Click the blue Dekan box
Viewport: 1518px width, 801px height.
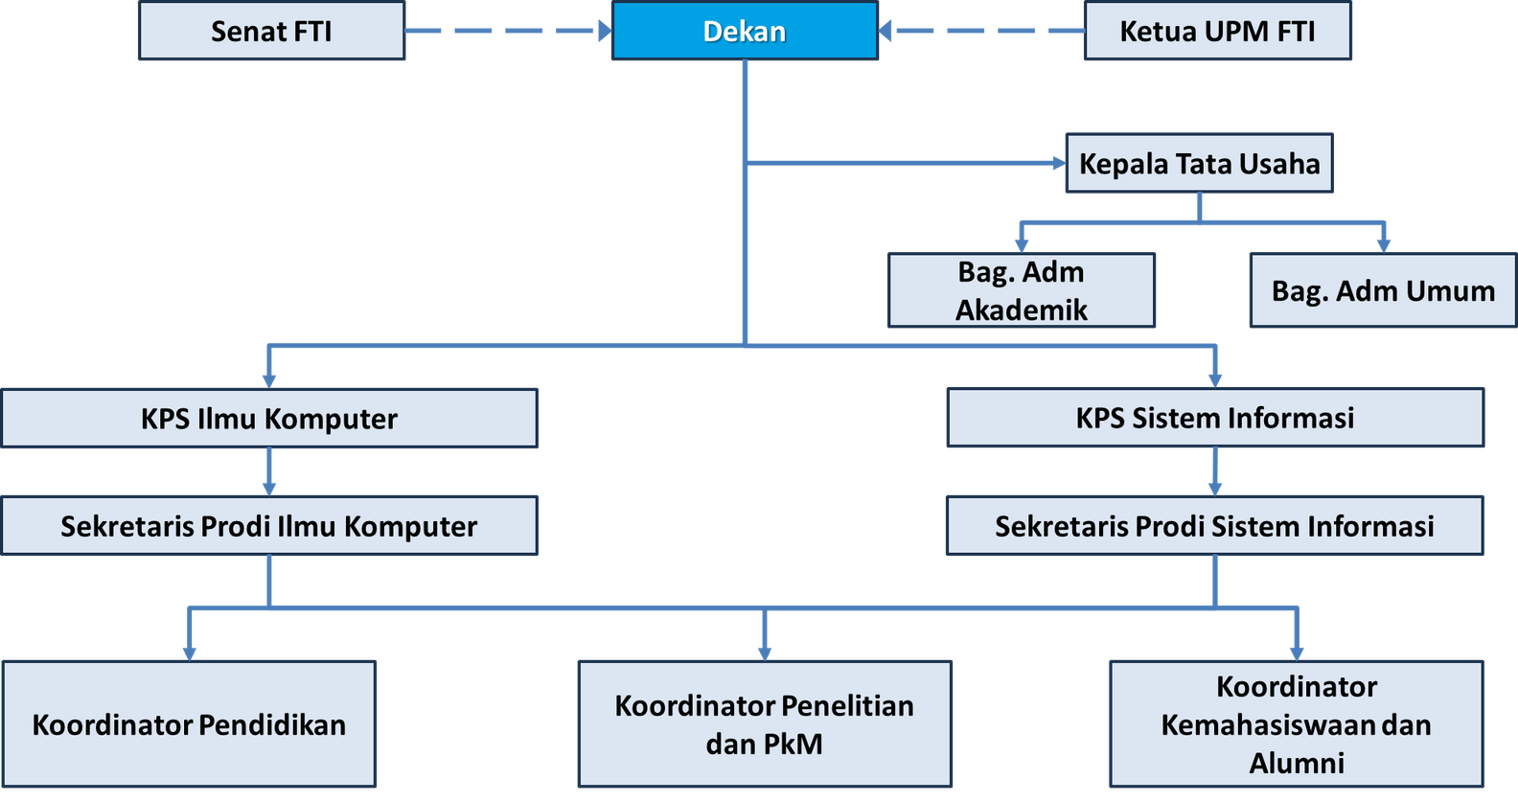(x=745, y=30)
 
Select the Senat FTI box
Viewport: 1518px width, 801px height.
(x=272, y=30)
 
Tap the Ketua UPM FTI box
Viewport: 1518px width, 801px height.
(x=1217, y=30)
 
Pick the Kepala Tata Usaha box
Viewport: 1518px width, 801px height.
(x=1199, y=163)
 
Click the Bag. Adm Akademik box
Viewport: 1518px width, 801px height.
(x=1021, y=290)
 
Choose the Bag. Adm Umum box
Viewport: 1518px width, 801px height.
(x=1383, y=290)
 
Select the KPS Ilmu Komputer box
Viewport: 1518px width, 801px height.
(x=269, y=418)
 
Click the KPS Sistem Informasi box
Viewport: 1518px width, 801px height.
(x=1215, y=417)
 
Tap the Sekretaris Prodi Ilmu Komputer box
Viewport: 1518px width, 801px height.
(x=269, y=525)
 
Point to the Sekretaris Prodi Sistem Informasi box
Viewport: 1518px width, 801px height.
(x=1214, y=525)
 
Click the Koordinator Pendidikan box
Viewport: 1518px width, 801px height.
(x=189, y=724)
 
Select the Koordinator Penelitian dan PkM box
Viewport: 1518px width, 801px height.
(x=764, y=724)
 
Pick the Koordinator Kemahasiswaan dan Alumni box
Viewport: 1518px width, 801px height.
(x=1296, y=724)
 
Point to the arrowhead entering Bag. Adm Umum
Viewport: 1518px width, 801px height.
(x=1384, y=246)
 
